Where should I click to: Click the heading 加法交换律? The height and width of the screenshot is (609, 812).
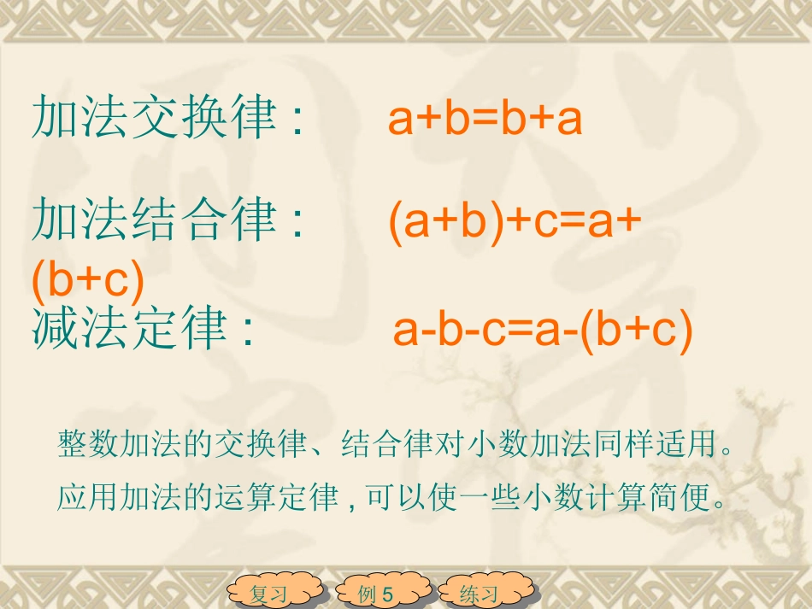(154, 118)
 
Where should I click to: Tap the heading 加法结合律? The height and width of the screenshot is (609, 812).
(154, 220)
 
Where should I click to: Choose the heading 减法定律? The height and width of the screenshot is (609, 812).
(129, 329)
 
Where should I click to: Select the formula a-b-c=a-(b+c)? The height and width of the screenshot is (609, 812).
(542, 330)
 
